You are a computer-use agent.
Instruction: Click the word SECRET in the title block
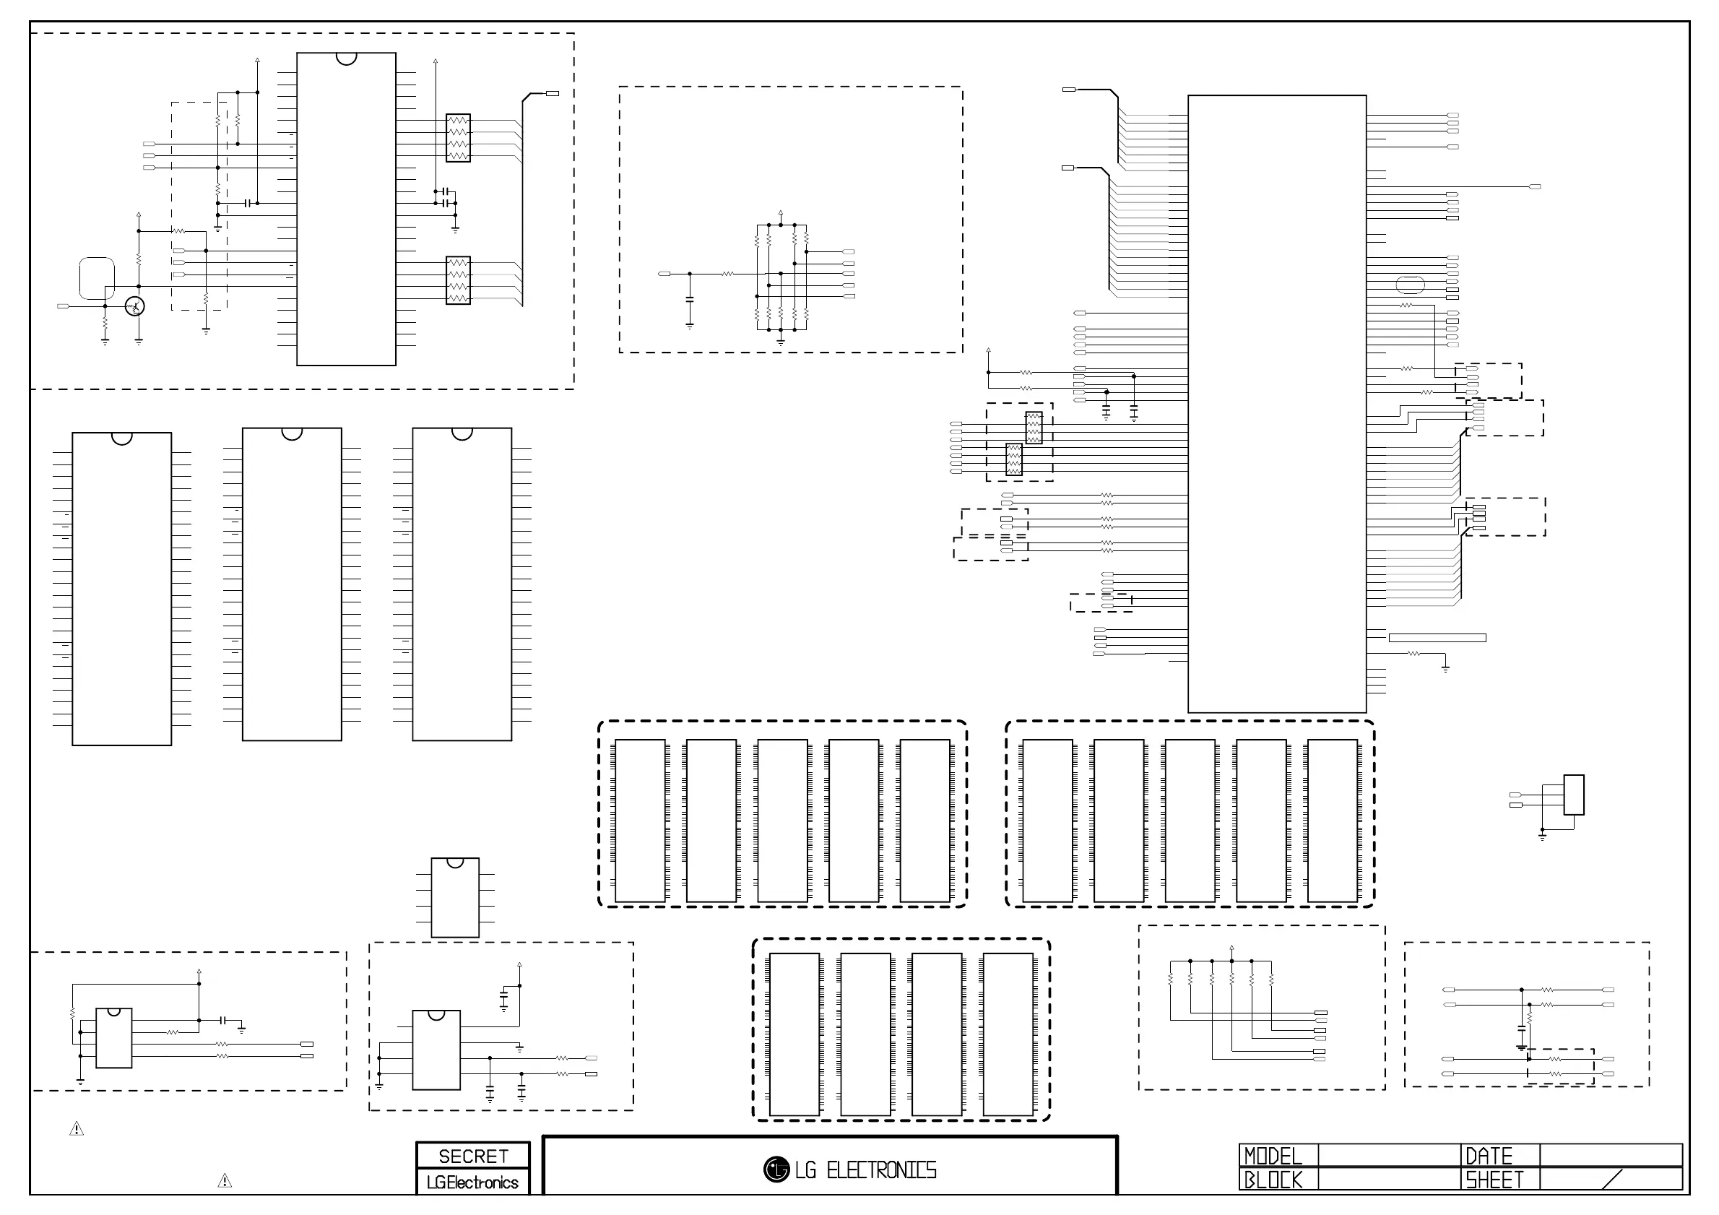click(x=473, y=1156)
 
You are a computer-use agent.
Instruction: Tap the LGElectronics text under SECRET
click(x=472, y=1182)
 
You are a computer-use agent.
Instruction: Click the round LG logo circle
click(x=776, y=1169)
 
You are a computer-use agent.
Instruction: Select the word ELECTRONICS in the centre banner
click(x=881, y=1170)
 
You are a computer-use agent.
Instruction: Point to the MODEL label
click(x=1273, y=1156)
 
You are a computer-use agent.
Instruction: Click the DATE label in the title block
click(x=1489, y=1156)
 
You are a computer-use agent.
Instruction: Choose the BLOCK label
click(x=1273, y=1180)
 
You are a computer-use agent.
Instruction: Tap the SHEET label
click(x=1494, y=1180)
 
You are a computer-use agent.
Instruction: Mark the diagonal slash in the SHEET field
click(x=1612, y=1179)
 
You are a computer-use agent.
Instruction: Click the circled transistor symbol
click(x=135, y=306)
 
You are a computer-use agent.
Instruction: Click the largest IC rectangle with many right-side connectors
click(x=1276, y=404)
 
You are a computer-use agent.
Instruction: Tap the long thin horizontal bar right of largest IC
click(x=1437, y=638)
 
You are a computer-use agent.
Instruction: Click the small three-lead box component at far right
click(x=1574, y=795)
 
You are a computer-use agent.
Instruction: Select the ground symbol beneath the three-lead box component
click(x=1542, y=836)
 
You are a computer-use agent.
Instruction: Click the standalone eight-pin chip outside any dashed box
click(x=455, y=897)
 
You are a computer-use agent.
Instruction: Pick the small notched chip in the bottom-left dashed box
click(x=114, y=1037)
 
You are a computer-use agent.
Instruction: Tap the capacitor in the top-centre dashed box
click(x=690, y=300)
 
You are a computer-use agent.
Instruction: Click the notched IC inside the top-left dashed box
click(x=346, y=209)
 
